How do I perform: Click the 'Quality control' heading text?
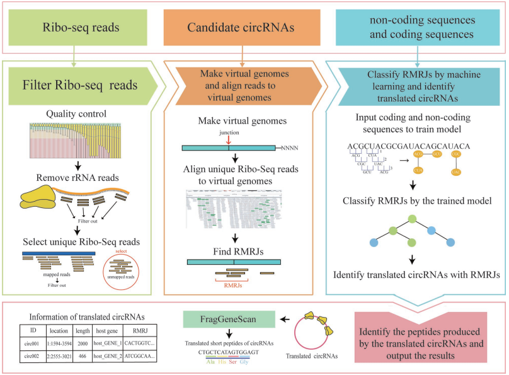pos(83,114)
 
